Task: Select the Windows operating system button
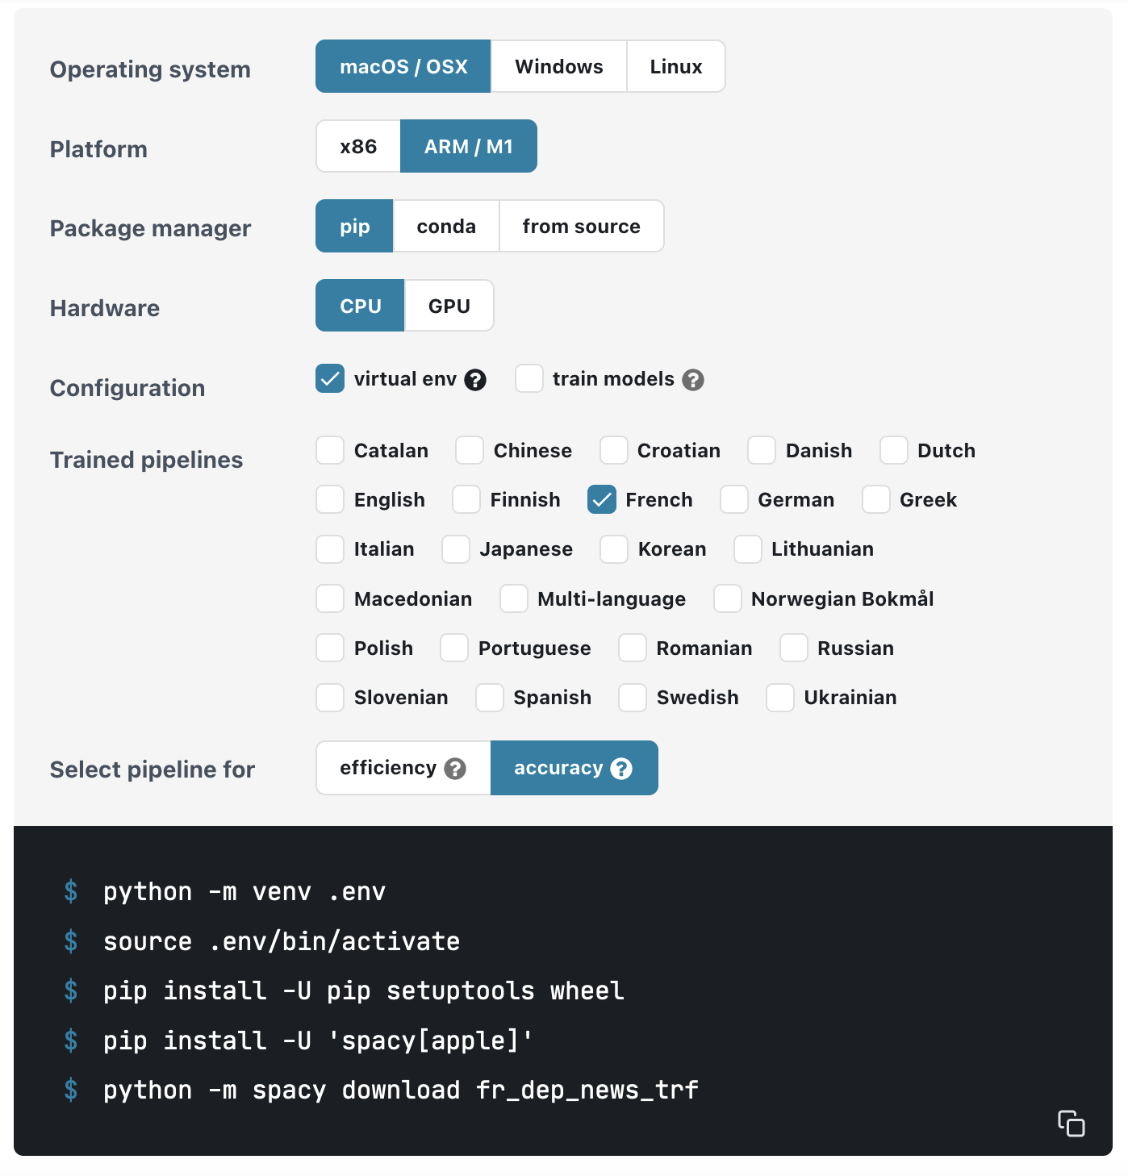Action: (x=558, y=66)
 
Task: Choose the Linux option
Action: (x=676, y=66)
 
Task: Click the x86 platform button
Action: (x=358, y=146)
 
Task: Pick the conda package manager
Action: (x=446, y=226)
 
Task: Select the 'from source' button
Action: (x=582, y=226)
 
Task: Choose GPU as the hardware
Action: (x=449, y=306)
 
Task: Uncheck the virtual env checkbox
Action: (x=330, y=379)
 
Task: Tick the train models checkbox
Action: (x=529, y=379)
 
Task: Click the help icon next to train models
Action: (x=693, y=380)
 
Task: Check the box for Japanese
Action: (x=456, y=549)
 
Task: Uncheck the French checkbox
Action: (x=601, y=500)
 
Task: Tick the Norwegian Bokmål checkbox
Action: (x=728, y=598)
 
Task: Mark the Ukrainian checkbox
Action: (x=780, y=698)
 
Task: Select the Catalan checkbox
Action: (x=330, y=451)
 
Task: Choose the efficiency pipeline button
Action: (x=403, y=768)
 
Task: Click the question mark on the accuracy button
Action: (x=621, y=769)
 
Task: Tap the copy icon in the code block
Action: (x=1072, y=1124)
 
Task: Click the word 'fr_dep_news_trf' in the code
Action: (x=587, y=1091)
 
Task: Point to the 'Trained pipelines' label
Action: (x=146, y=460)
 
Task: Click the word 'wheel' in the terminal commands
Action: (x=587, y=991)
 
